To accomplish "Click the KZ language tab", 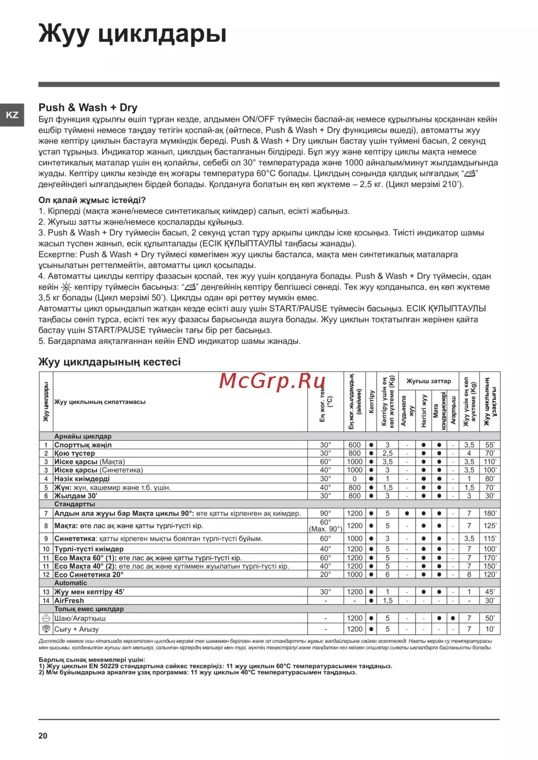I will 12,115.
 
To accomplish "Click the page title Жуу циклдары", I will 132,33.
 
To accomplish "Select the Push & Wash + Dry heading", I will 88,107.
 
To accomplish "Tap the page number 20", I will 43,736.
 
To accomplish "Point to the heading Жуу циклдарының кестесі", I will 109,362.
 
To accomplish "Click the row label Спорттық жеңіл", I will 83,445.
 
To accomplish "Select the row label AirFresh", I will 69,601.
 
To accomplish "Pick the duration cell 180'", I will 490,514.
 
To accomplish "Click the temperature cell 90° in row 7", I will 325,514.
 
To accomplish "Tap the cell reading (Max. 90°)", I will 325,529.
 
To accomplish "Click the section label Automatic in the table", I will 70,583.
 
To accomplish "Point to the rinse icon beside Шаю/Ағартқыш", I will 46,618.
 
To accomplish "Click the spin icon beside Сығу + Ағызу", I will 46,629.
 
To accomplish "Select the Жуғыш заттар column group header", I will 428,381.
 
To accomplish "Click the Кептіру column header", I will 371,401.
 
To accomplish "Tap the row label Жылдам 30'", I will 76,496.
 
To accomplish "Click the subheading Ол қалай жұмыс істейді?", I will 92,200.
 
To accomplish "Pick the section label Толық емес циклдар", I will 89,610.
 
